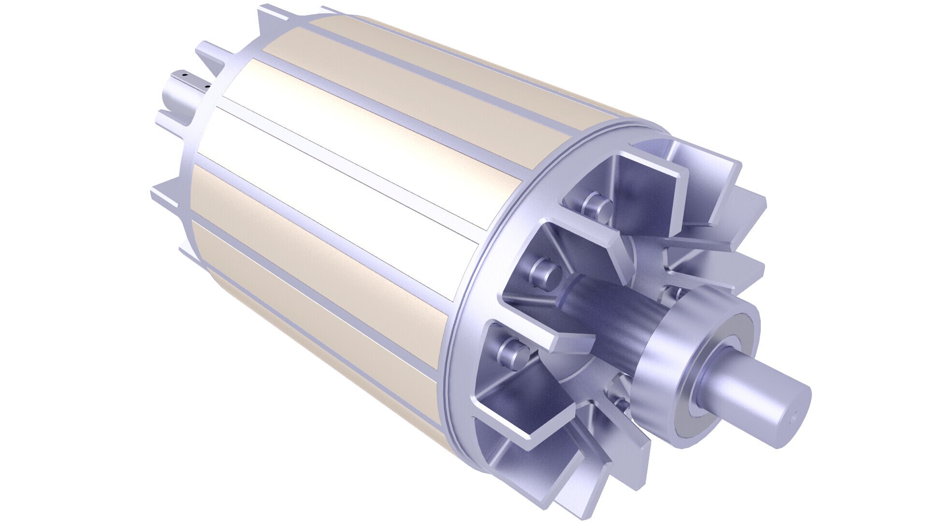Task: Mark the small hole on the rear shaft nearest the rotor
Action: (x=207, y=87)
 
